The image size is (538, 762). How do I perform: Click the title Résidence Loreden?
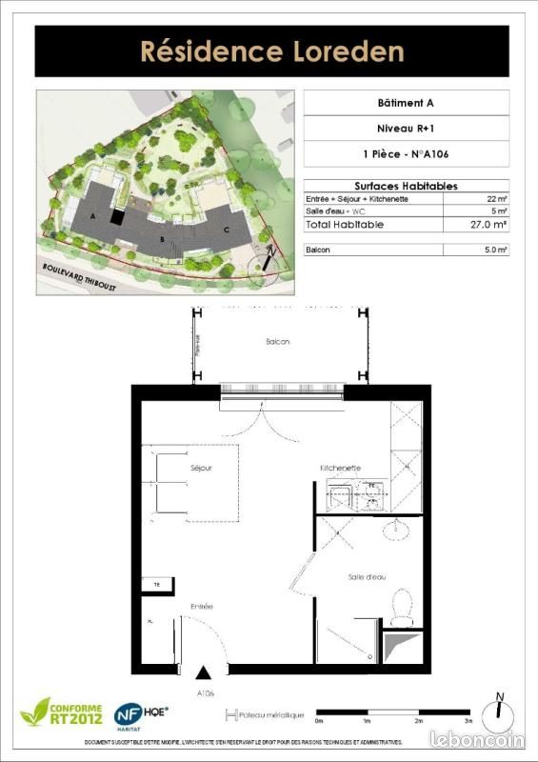click(271, 50)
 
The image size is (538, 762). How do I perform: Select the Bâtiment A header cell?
click(406, 102)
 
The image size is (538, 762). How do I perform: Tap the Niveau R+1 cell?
click(406, 128)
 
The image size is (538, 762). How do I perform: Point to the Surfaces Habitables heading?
click(406, 186)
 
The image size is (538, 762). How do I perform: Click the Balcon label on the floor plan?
click(277, 341)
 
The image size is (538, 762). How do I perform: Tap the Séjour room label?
click(200, 469)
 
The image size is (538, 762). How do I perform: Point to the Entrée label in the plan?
click(201, 606)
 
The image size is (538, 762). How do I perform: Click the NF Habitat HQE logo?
click(140, 714)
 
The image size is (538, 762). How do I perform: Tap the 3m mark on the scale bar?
click(468, 722)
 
